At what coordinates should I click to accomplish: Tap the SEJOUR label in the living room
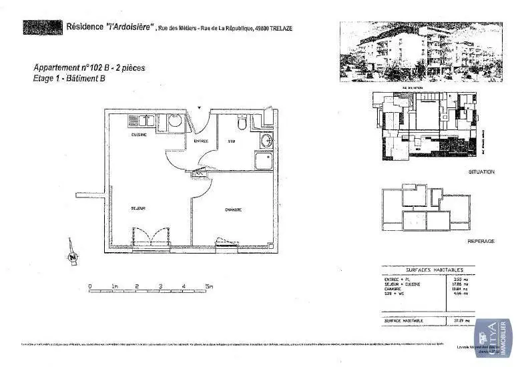[138, 208]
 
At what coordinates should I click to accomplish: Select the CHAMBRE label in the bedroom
[232, 210]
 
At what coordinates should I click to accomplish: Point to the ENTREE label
[201, 141]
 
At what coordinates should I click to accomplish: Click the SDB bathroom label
[232, 141]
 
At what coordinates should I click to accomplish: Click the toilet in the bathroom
[242, 123]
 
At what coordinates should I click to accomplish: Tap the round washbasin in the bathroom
[266, 140]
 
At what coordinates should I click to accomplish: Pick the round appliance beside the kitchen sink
[173, 121]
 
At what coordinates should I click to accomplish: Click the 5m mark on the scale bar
[209, 286]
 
